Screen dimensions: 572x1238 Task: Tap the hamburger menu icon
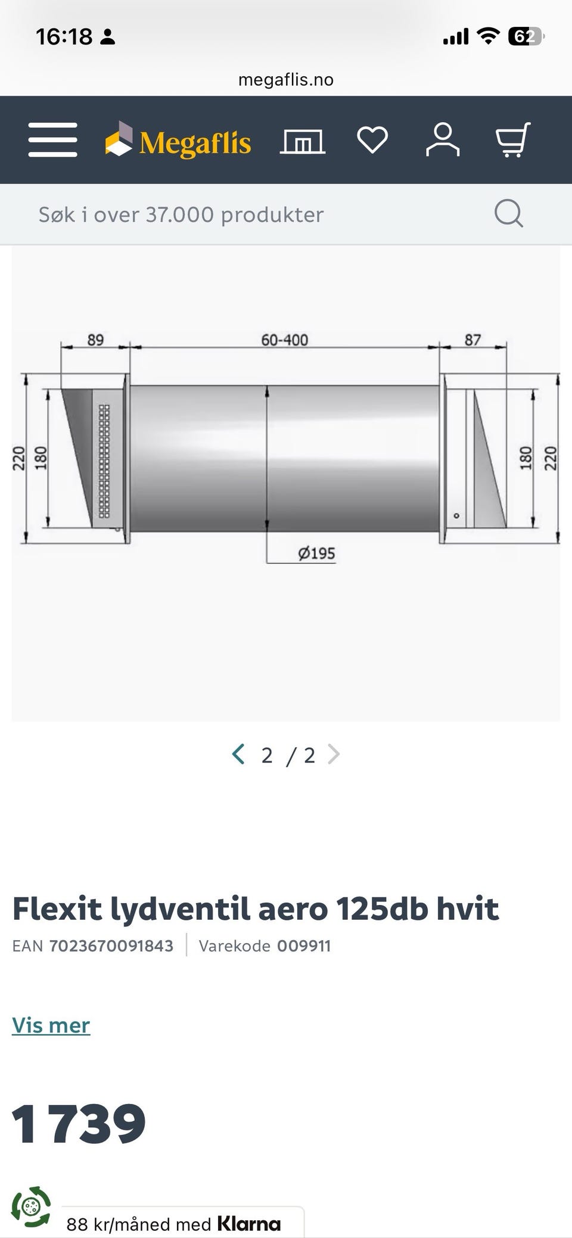(x=52, y=140)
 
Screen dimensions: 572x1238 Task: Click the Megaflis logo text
(x=195, y=143)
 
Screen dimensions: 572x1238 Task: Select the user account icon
(x=443, y=140)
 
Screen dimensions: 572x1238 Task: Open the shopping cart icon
(x=513, y=140)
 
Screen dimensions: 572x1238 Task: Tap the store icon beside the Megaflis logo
(x=303, y=142)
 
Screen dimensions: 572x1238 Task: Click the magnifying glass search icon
(x=509, y=213)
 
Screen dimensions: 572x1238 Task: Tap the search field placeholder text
(x=181, y=214)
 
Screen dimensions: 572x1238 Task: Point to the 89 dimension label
(x=95, y=340)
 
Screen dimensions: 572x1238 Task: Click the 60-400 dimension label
(x=285, y=340)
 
